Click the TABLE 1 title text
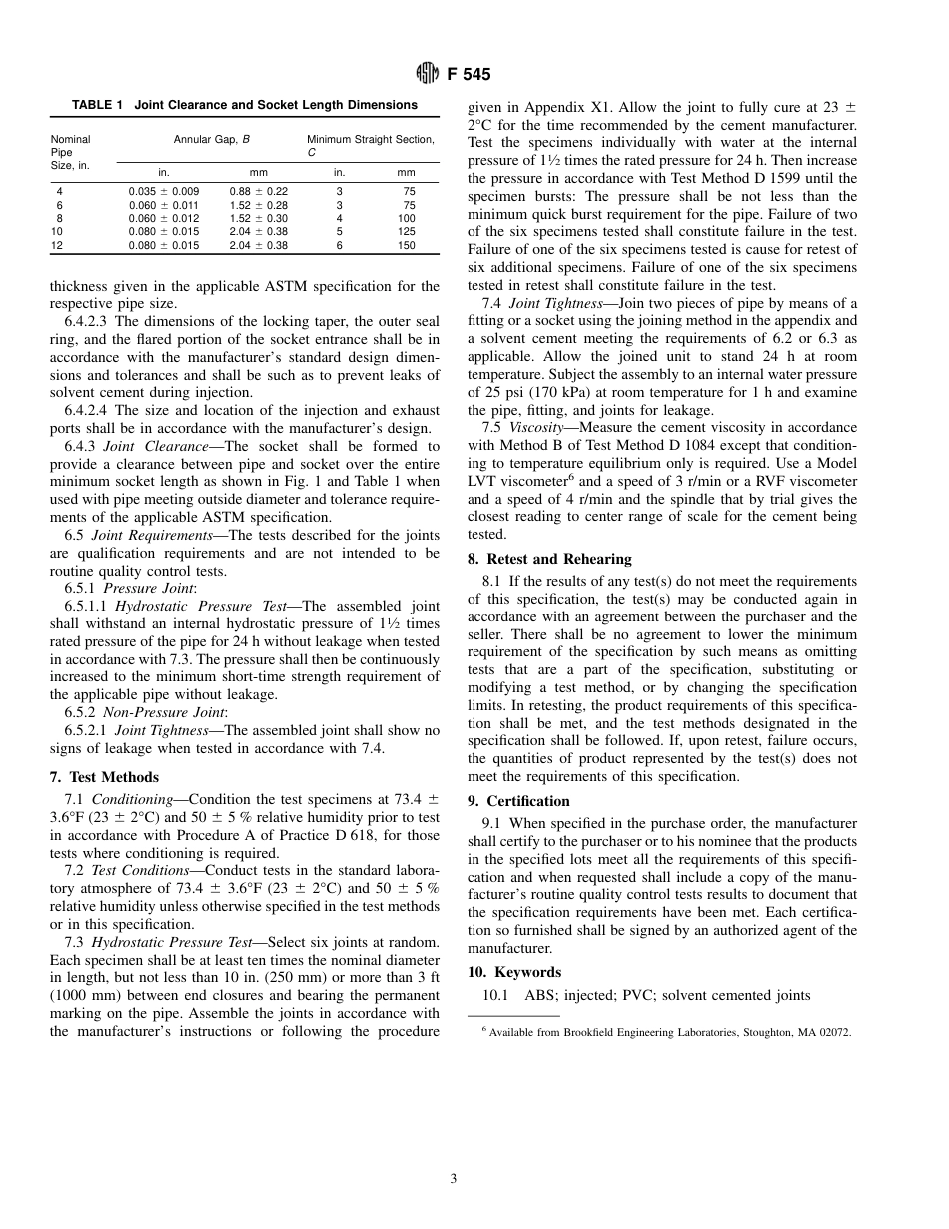coord(245,105)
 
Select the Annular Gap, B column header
coord(211,140)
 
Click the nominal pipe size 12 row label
coord(59,245)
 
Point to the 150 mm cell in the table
coord(406,245)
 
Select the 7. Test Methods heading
coord(104,777)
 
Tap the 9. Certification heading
coord(518,801)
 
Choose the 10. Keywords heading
coord(514,972)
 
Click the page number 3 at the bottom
coord(453,1179)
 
